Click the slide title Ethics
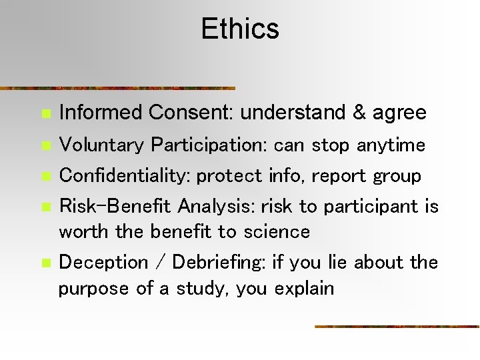click(240, 29)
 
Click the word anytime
click(391, 145)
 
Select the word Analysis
click(214, 207)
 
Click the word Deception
click(103, 263)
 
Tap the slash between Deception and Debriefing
click(159, 263)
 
